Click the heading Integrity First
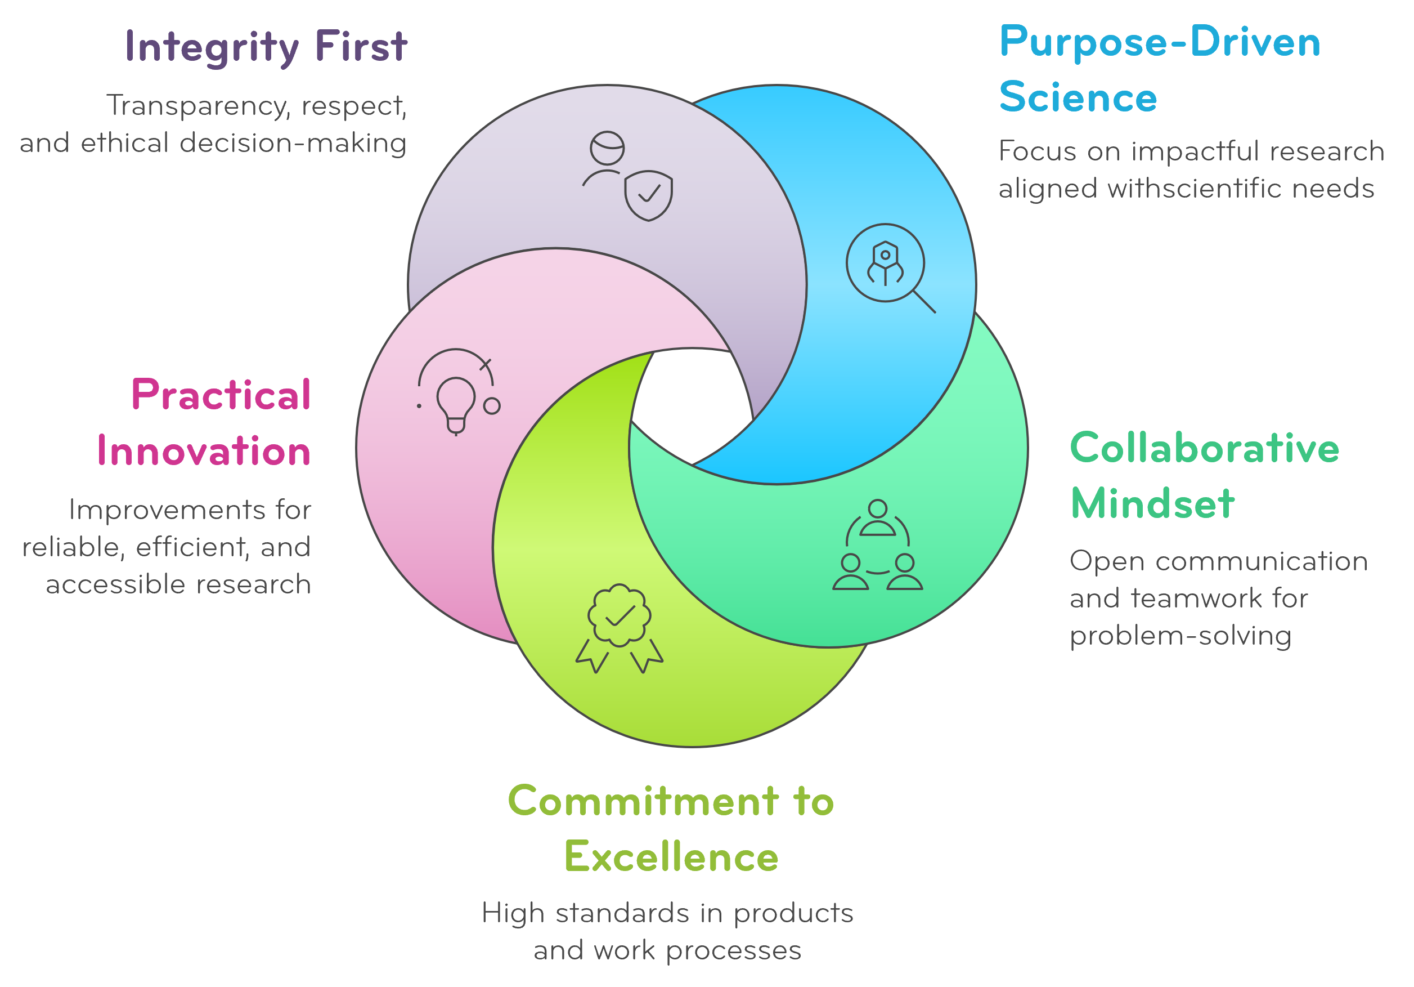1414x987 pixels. (x=266, y=47)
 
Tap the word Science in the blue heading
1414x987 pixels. (x=1078, y=97)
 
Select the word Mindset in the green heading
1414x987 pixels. (x=1152, y=503)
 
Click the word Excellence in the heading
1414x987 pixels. (x=671, y=856)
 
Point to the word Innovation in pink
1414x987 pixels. (x=204, y=450)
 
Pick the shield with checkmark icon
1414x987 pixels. (x=649, y=195)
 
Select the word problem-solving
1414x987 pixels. (x=1180, y=635)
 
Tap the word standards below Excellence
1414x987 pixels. (x=620, y=913)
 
